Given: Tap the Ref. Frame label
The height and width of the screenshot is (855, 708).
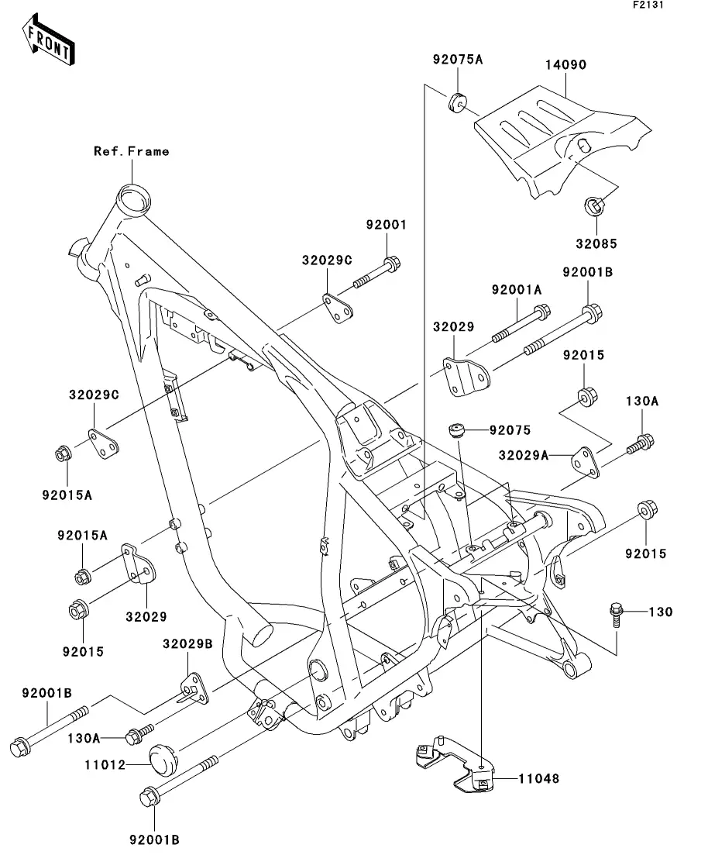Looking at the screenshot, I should pyautogui.click(x=131, y=151).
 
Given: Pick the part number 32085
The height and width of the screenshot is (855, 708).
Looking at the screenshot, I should pyautogui.click(x=596, y=243).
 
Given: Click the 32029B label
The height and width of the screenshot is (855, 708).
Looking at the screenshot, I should pyautogui.click(x=187, y=643).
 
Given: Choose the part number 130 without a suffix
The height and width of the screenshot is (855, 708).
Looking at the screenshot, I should pyautogui.click(x=660, y=612).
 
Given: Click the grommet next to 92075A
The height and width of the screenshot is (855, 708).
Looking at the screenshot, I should pyautogui.click(x=457, y=101).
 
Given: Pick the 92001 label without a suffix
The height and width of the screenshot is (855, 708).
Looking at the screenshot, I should pyautogui.click(x=386, y=225).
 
